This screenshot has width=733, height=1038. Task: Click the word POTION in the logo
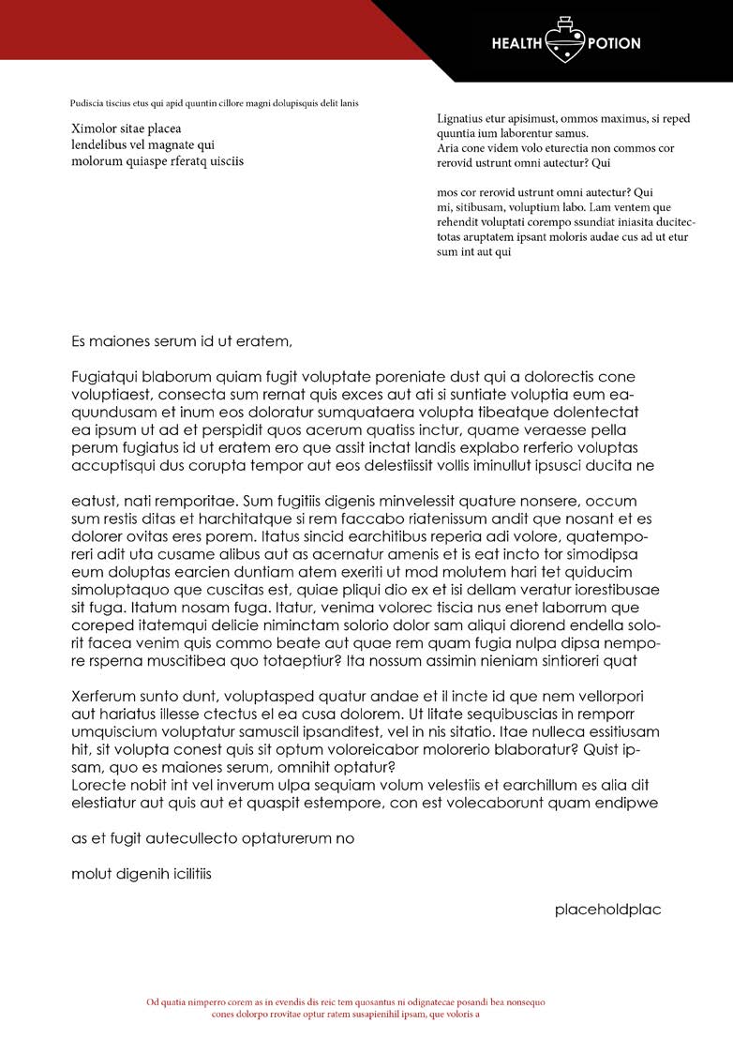(x=614, y=43)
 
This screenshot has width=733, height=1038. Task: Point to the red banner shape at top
(x=187, y=28)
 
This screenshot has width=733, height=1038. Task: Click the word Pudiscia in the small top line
(x=87, y=103)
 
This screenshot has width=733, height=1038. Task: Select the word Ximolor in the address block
(x=95, y=128)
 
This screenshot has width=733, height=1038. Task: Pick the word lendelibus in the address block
(x=103, y=144)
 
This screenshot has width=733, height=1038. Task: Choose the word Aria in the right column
(x=447, y=148)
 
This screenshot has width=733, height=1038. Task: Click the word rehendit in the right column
(x=458, y=222)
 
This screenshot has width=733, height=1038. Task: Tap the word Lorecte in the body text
(x=97, y=785)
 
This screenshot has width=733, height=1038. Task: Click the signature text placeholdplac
(x=607, y=910)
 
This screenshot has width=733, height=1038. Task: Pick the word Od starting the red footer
(x=152, y=1002)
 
